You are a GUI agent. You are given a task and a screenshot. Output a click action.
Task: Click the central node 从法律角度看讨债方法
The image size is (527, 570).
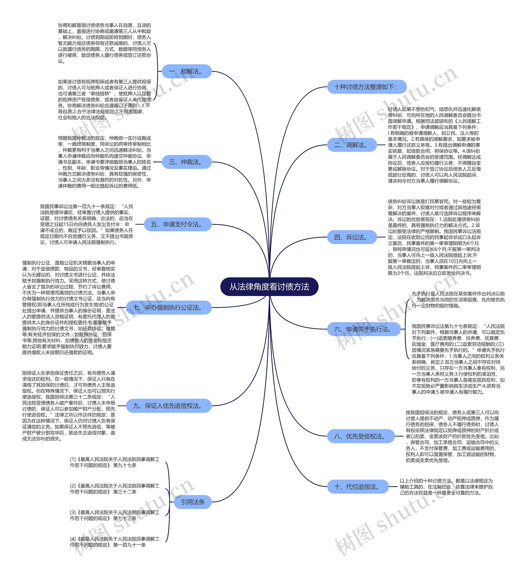[x=269, y=287]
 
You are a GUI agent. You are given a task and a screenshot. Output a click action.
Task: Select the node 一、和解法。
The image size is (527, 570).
[x=187, y=71]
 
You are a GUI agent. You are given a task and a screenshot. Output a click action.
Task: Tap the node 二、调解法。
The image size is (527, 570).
[x=352, y=145]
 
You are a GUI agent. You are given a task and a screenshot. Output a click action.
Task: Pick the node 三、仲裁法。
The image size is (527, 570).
[x=187, y=162]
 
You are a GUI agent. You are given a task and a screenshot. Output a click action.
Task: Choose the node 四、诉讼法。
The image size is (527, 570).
[x=352, y=237]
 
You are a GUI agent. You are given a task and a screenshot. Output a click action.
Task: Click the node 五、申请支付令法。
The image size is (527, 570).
[x=177, y=224]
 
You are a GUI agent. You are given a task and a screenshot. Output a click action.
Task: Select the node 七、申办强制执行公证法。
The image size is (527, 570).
[x=169, y=308]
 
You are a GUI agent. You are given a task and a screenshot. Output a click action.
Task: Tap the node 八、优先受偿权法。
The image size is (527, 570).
[x=361, y=436]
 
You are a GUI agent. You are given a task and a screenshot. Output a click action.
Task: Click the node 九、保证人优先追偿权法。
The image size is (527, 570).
[x=169, y=406]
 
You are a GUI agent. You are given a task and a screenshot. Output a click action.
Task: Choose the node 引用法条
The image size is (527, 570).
[x=192, y=502]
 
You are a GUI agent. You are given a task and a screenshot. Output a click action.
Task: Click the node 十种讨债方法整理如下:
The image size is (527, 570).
[x=366, y=87]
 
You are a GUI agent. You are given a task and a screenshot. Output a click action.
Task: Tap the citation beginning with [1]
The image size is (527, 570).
[x=115, y=462]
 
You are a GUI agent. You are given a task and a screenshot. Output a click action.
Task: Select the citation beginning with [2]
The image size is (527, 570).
[x=115, y=489]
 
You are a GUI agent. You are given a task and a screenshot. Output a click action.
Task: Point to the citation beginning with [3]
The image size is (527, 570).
[x=115, y=515]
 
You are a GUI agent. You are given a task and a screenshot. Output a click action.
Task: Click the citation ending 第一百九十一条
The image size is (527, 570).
[x=115, y=542]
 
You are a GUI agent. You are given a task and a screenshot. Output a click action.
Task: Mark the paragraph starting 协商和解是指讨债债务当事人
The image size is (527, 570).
[x=104, y=43]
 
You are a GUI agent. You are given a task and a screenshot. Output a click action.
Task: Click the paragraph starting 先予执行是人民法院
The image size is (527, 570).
[x=458, y=300]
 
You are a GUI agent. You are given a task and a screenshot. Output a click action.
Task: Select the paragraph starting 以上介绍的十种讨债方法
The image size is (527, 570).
[x=446, y=487]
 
